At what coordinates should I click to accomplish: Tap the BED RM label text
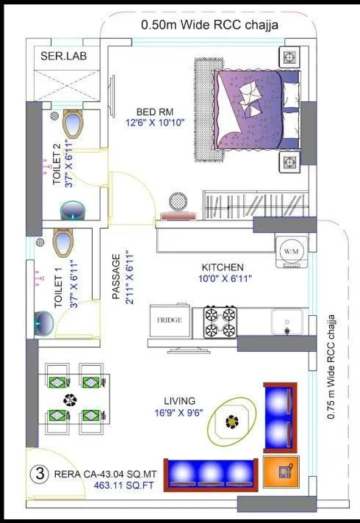pyautogui.click(x=154, y=112)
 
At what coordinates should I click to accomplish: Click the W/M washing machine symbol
pyautogui.click(x=288, y=251)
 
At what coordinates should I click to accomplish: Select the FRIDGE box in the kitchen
pyautogui.click(x=169, y=320)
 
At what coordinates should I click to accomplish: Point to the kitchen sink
pyautogui.click(x=287, y=321)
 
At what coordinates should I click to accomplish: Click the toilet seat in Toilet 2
pyautogui.click(x=73, y=124)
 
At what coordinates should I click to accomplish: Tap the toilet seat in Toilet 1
pyautogui.click(x=64, y=242)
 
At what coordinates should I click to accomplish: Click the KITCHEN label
pyautogui.click(x=223, y=267)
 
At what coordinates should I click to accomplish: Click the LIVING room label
pyautogui.click(x=179, y=400)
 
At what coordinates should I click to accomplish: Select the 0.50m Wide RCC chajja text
pyautogui.click(x=209, y=25)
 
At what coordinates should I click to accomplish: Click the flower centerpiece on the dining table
pyautogui.click(x=70, y=401)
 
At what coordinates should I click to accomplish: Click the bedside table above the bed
pyautogui.click(x=289, y=57)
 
